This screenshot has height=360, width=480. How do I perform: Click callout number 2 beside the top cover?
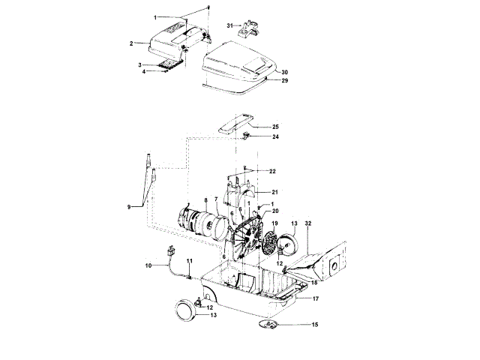coord(131,43)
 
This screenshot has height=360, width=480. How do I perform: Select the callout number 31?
coord(230,27)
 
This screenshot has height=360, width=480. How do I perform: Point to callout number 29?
coord(284,80)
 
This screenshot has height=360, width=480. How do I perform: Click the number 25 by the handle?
coord(275,127)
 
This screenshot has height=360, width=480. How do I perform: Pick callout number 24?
coord(275,137)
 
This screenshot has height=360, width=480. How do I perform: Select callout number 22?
coord(273,172)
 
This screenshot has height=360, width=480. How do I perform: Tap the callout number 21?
coord(274,192)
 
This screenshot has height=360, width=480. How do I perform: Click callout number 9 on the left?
coord(129,206)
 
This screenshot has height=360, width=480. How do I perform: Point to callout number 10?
coord(148,265)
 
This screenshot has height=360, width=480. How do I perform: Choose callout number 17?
coord(316,298)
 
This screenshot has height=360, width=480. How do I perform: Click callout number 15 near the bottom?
coord(315,324)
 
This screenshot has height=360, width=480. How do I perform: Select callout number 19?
coord(275,223)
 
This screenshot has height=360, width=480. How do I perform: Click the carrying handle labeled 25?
coord(238,124)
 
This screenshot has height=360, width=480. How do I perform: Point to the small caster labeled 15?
coord(269,323)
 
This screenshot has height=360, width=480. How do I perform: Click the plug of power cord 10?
coord(169,252)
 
